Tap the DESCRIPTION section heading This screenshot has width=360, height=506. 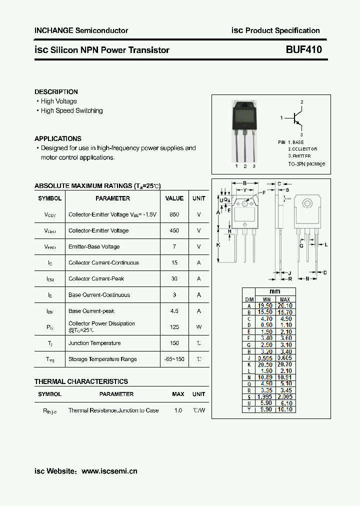[x=56, y=92]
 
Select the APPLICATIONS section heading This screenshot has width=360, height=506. [x=58, y=138]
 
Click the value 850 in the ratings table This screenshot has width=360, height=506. [x=174, y=214]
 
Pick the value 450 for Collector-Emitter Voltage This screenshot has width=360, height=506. [x=174, y=230]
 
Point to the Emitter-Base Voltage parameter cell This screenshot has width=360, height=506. [x=94, y=246]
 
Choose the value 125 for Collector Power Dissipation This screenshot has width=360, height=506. [x=174, y=327]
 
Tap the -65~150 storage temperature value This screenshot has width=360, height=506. [x=174, y=359]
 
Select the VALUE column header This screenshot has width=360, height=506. [x=174, y=198]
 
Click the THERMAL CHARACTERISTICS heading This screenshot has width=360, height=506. [x=81, y=381]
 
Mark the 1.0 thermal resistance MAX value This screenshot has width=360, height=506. [x=178, y=410]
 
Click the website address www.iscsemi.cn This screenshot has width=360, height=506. [x=109, y=471]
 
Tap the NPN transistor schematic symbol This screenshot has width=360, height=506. [x=297, y=118]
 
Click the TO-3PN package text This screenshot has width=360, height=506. [x=306, y=163]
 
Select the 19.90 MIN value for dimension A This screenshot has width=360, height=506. [x=265, y=305]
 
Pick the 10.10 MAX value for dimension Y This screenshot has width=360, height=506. [x=285, y=409]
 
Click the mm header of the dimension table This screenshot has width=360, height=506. [x=275, y=291]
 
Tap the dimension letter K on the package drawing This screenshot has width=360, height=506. [x=218, y=245]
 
